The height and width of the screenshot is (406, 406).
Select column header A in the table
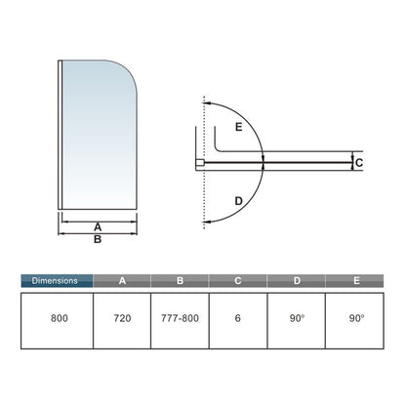(x=122, y=281)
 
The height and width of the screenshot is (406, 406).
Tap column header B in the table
(x=180, y=281)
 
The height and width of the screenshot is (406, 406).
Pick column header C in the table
(x=238, y=281)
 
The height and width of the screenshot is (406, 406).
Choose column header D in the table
(x=297, y=281)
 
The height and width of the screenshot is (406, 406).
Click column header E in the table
(x=356, y=281)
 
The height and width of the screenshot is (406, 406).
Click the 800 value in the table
(x=60, y=318)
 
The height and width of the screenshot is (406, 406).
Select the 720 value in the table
(x=122, y=318)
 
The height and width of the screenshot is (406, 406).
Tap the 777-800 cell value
(x=180, y=318)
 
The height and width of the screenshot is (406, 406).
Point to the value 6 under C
(x=238, y=318)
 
